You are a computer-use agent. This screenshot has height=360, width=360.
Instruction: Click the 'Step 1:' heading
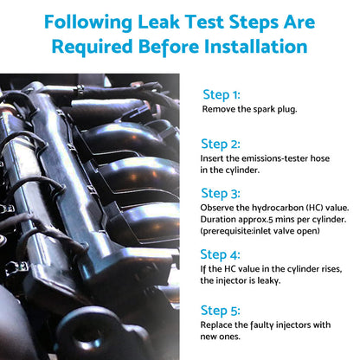click(222, 95)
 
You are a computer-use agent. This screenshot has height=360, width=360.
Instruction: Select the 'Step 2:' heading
click(221, 145)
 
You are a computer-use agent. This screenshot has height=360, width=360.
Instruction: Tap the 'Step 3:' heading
click(221, 194)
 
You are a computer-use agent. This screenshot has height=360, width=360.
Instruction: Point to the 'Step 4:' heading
click(220, 254)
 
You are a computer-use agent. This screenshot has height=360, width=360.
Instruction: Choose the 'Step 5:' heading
click(221, 311)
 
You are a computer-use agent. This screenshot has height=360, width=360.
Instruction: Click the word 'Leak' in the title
click(158, 22)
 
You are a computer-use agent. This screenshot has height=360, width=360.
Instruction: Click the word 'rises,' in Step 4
click(331, 269)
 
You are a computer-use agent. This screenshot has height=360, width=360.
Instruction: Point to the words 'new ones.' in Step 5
click(221, 337)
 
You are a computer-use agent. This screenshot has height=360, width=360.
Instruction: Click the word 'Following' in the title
click(88, 22)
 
